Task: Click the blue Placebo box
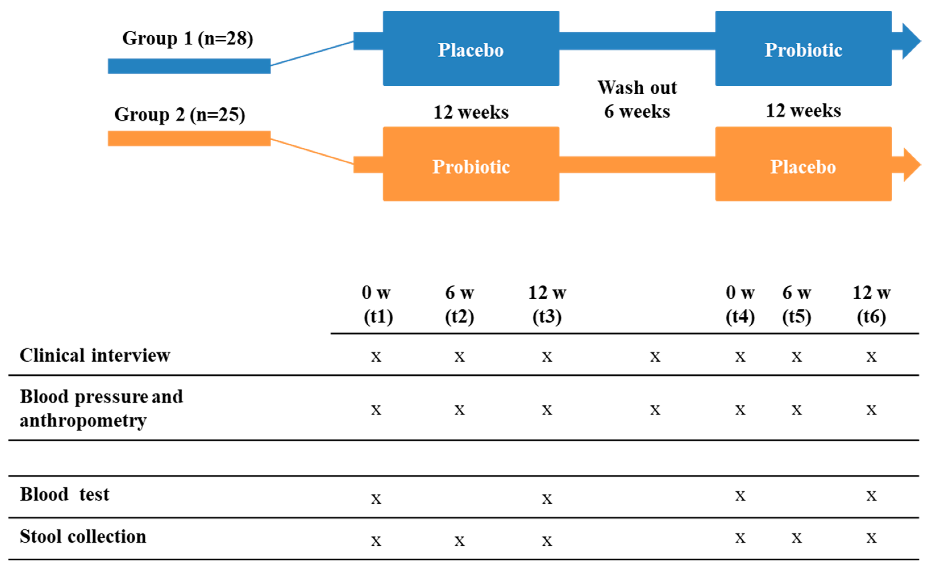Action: coord(471,49)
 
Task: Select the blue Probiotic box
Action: coord(803,49)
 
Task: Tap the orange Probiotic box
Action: coord(471,164)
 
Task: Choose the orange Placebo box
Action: coord(803,164)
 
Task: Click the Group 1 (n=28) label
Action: coord(188,39)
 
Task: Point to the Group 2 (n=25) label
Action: coord(180,115)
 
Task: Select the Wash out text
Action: coord(637,88)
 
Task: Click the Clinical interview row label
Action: coord(95,356)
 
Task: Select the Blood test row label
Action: coord(65,495)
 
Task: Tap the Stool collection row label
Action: coord(83,537)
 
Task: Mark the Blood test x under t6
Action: coord(872,496)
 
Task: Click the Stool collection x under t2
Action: coord(460,541)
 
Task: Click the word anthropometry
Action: coord(83,421)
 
